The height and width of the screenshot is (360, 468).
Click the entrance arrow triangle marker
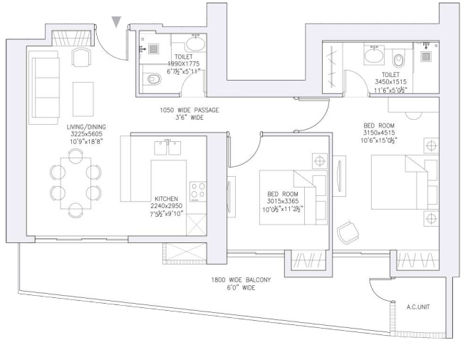point(117,23)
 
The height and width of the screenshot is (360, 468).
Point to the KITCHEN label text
point(169,199)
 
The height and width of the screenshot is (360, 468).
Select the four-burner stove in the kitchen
point(197,190)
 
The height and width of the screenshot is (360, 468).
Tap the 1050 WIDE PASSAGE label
point(189,110)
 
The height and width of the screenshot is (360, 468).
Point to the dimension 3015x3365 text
point(286,201)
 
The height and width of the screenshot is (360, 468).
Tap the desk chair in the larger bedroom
point(347,230)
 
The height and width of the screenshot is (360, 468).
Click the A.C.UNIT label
point(417,307)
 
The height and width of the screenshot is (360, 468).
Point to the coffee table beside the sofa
point(83,96)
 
